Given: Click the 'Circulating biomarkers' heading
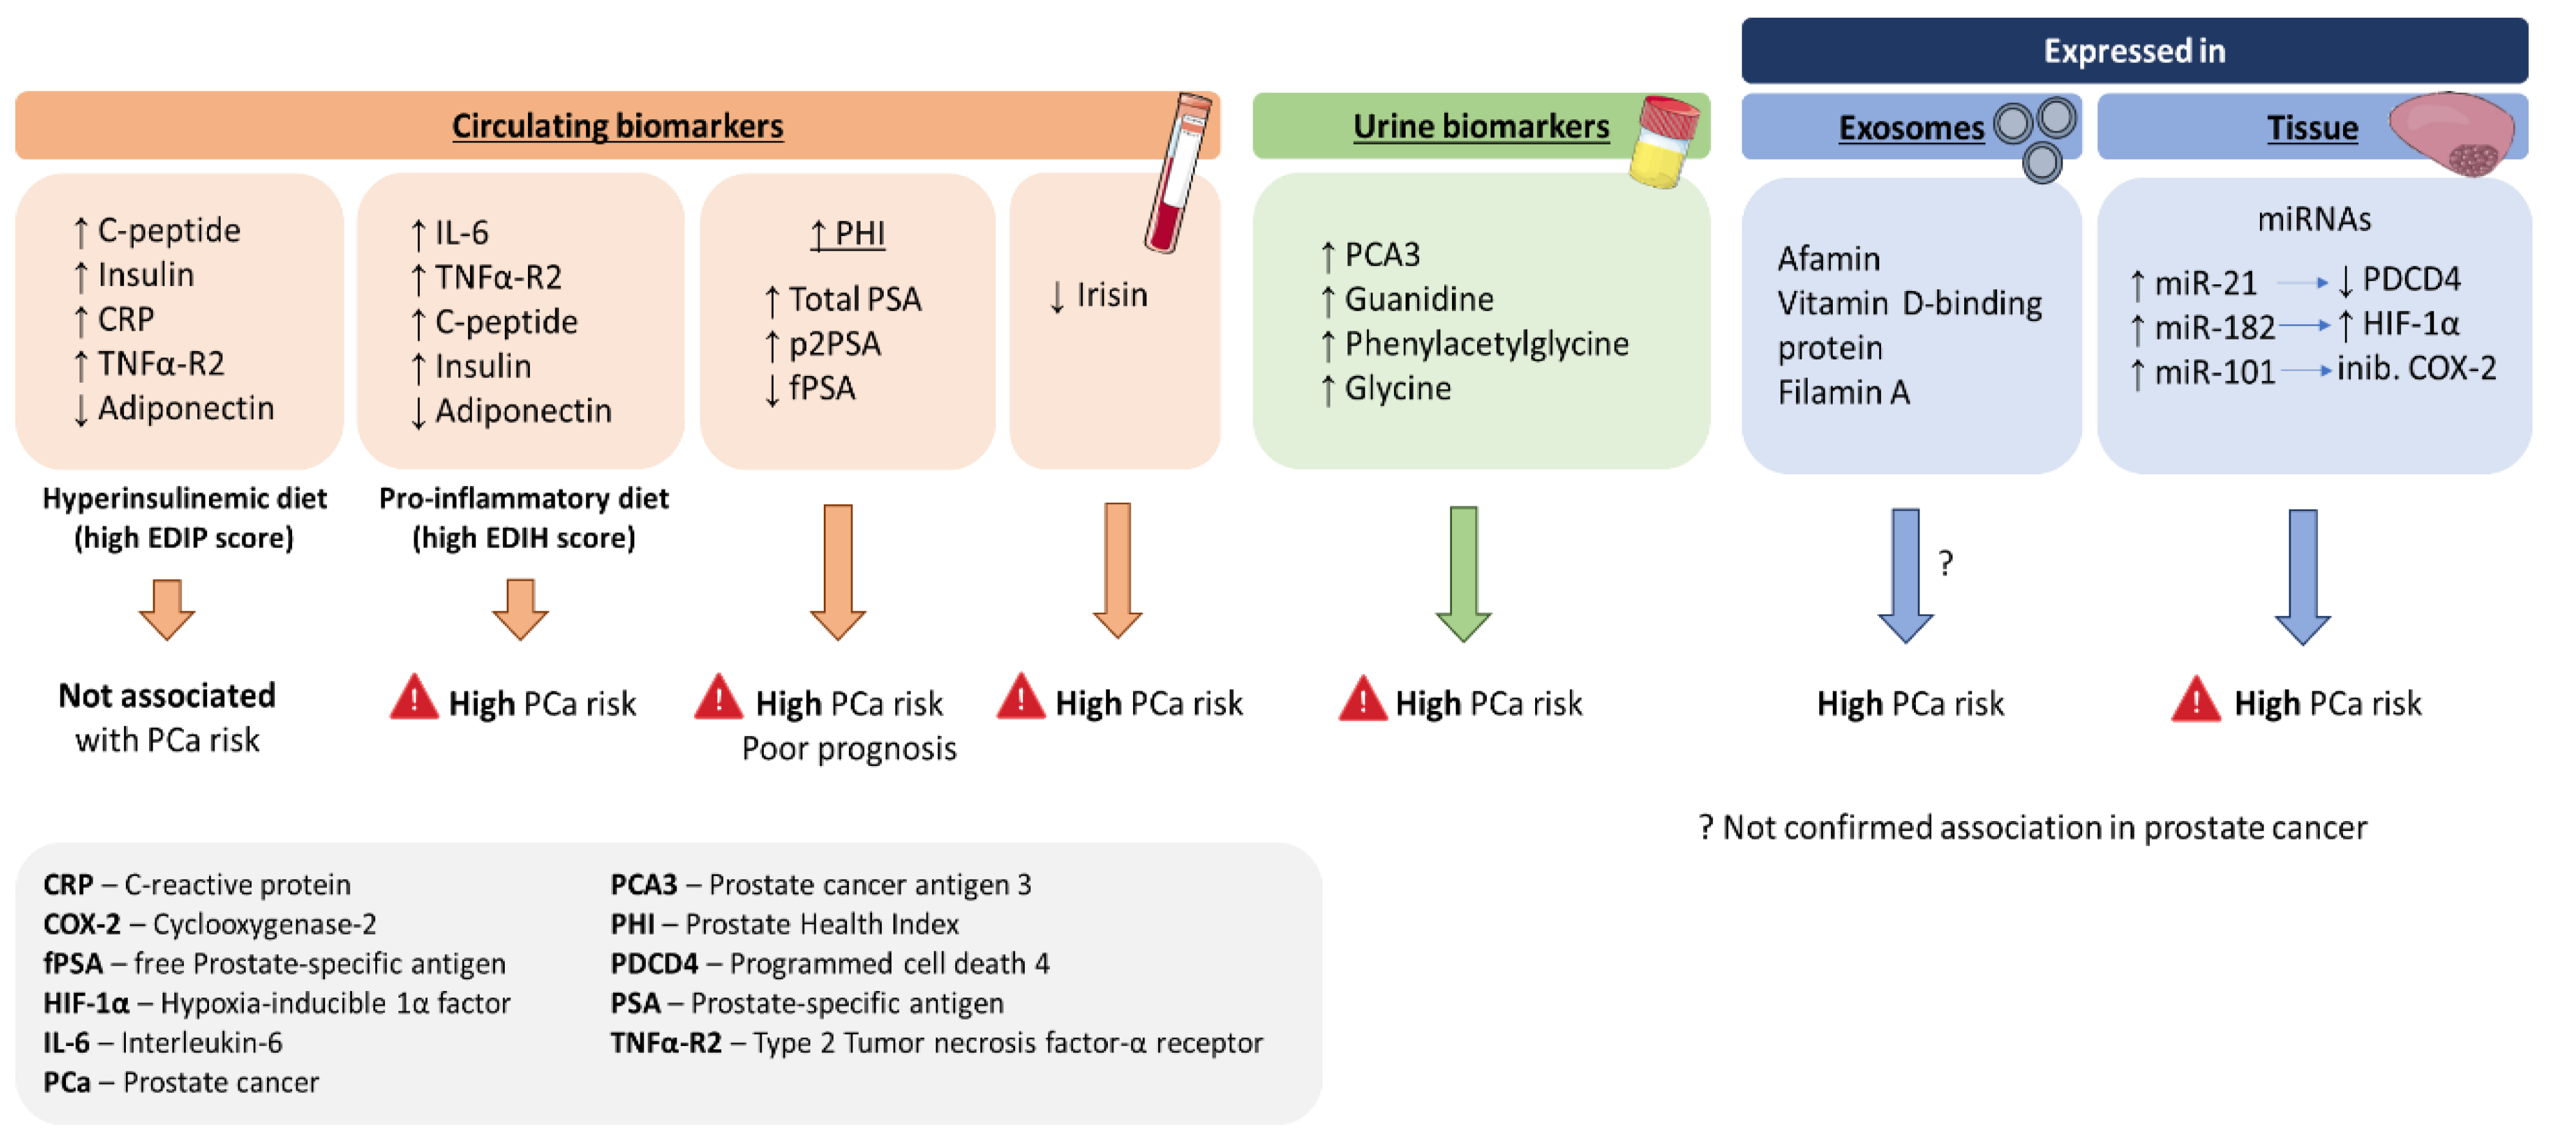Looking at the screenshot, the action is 617,127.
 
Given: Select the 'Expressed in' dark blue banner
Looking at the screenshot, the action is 2135,51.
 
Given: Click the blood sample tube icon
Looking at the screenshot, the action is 1178,172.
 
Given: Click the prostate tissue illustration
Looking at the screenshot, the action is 2452,131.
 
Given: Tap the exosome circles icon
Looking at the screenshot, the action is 2036,139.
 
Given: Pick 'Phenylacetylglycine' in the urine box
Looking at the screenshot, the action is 1486,344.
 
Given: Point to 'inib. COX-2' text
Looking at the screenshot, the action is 2416,368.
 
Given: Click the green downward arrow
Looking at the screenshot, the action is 1464,574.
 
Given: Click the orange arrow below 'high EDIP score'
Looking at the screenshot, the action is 166,609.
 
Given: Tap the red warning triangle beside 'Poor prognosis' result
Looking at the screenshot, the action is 719,697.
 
